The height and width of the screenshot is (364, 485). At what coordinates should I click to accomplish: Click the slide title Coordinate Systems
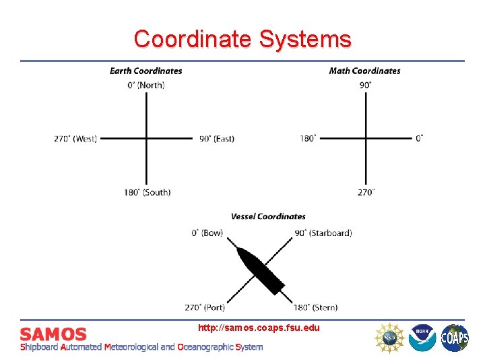coord(243,38)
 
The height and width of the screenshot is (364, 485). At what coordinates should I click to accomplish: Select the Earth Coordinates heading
coord(145,71)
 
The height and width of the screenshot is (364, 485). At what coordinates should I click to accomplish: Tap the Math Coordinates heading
coord(364,71)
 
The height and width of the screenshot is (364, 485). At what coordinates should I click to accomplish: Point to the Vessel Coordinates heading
coord(268,216)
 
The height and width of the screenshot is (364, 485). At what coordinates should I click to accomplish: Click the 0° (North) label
coord(146,85)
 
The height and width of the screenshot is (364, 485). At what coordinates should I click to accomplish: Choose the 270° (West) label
coord(75,139)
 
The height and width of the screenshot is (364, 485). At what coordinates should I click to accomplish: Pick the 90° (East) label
coord(217,139)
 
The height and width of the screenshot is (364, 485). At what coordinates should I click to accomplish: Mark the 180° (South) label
coord(147,192)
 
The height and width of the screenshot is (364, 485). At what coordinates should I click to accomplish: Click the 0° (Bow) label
coord(207,233)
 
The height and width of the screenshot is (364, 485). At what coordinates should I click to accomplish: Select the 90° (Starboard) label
coord(323,233)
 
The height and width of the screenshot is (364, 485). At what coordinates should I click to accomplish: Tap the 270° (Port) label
coord(205,307)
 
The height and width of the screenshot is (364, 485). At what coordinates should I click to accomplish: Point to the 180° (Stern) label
coord(315,307)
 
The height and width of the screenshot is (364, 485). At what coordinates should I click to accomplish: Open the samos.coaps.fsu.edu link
coord(259,328)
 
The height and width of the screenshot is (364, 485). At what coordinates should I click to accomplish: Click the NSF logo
coord(389,337)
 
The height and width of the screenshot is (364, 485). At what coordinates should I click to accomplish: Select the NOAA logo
coord(422,337)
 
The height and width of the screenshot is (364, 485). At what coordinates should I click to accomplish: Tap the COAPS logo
coord(455,337)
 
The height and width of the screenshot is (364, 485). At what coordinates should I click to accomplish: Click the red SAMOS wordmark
coord(53,334)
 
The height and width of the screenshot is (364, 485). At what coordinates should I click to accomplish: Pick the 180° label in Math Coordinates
coord(308,139)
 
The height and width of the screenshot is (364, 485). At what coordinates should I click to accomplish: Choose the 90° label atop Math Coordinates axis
coord(365,85)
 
